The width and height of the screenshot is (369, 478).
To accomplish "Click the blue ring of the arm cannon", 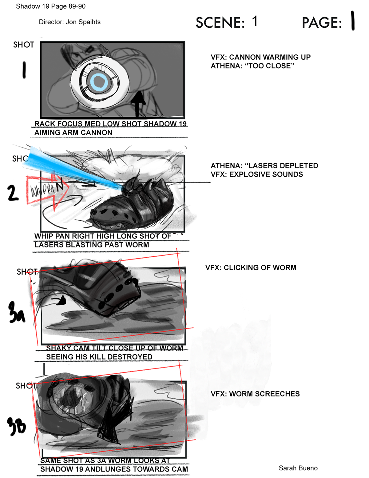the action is (x=99, y=82).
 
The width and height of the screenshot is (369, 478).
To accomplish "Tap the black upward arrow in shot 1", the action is (x=139, y=103).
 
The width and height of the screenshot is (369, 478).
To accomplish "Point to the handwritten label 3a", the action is (x=16, y=313).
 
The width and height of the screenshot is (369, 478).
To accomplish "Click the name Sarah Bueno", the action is (x=298, y=468).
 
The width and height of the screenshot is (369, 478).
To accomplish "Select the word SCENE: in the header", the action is (x=220, y=23).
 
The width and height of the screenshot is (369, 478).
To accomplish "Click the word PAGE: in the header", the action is (x=322, y=23).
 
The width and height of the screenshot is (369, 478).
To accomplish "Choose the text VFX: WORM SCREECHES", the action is (x=255, y=394).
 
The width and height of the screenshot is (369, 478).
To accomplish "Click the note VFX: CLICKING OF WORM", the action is (x=251, y=268).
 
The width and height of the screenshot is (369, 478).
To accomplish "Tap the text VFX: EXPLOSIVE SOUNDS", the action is (x=257, y=175).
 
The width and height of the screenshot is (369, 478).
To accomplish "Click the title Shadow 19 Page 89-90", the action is (x=51, y=6).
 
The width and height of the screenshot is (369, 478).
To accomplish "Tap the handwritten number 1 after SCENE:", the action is (x=255, y=22).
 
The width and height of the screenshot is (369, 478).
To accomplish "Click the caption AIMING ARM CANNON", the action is (x=73, y=133).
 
